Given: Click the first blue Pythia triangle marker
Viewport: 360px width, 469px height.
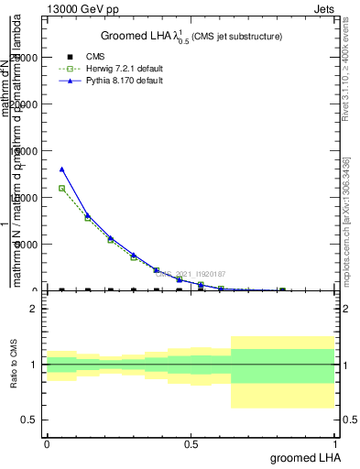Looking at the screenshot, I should pyautogui.click(x=61, y=169).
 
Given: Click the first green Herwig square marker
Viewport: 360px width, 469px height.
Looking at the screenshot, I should pyautogui.click(x=61, y=189).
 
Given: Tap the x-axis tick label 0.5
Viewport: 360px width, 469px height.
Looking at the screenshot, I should pyautogui.click(x=191, y=443).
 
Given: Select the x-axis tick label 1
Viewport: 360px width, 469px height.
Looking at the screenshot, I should pyautogui.click(x=334, y=443).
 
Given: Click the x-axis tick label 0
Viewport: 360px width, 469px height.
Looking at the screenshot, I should pyautogui.click(x=47, y=443).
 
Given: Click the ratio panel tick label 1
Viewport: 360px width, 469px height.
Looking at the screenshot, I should pyautogui.click(x=34, y=365).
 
